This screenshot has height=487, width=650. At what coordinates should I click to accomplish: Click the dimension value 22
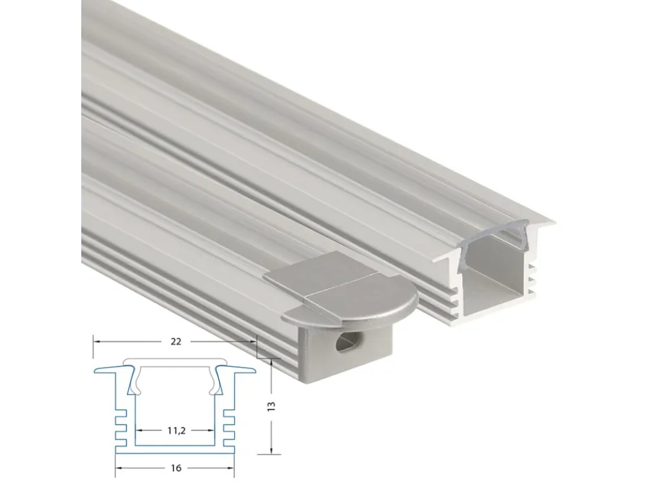[x=175, y=342]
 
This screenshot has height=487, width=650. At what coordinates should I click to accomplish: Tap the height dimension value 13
[x=272, y=406]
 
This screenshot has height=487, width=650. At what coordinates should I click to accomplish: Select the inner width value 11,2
[x=176, y=431]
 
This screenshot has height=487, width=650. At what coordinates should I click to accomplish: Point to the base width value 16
[x=175, y=468]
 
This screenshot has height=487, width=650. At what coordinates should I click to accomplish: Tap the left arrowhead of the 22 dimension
[x=96, y=342]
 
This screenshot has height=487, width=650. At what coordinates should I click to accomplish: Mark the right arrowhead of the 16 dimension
[x=231, y=468]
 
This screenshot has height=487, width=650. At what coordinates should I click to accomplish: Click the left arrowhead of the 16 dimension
[x=120, y=468]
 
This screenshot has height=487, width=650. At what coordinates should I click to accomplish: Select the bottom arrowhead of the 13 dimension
[x=272, y=450]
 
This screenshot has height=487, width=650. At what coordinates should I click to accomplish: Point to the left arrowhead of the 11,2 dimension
[x=140, y=431]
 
